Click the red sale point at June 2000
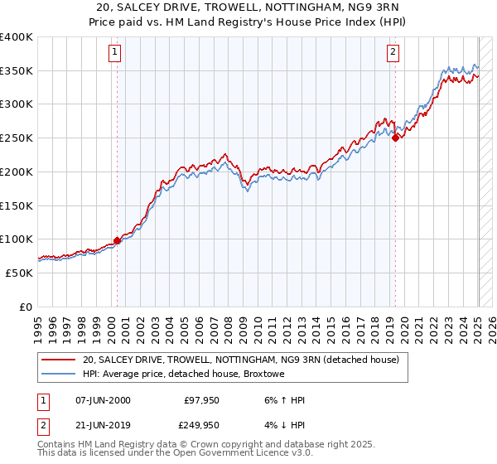pyautogui.click(x=117, y=240)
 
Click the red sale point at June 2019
pyautogui.click(x=395, y=138)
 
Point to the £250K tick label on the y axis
pyautogui.click(x=17, y=138)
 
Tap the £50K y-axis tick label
pyautogui.click(x=20, y=273)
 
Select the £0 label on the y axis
pyautogui.click(x=27, y=307)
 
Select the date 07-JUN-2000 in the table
pyautogui.click(x=103, y=400)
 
